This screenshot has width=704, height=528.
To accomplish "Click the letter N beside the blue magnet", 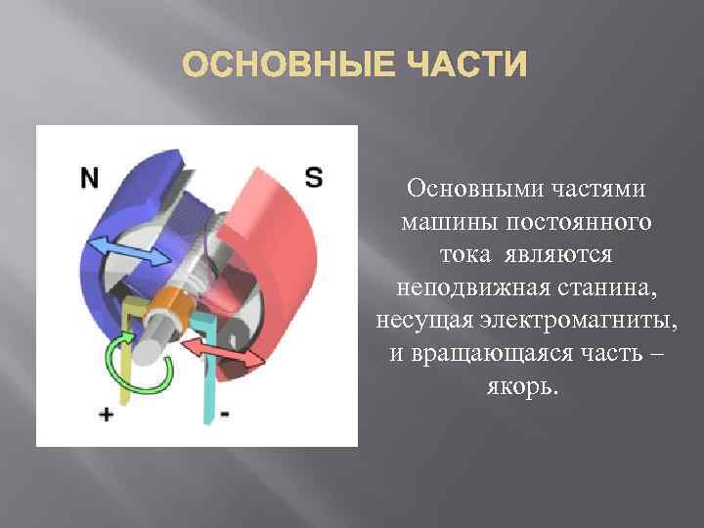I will pos(90,178).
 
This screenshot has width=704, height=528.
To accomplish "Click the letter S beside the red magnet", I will pos(313,177).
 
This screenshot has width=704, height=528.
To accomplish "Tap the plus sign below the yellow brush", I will pos(105,415).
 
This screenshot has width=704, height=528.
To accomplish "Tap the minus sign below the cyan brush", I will pos(225,414).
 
